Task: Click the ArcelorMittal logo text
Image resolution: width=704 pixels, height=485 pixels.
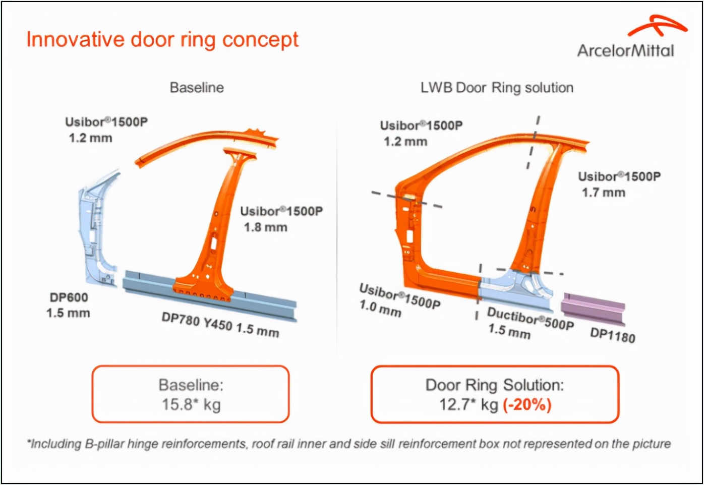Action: coord(625,51)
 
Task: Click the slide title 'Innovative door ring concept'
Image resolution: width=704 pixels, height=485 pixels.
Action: coord(162,39)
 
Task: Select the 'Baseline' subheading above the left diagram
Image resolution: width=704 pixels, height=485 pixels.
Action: coord(197,88)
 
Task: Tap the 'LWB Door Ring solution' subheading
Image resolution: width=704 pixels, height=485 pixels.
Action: coord(497,88)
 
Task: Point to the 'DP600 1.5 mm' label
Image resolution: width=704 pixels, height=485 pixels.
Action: coord(69,305)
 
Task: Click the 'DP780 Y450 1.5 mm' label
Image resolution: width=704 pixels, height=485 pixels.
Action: coord(220,324)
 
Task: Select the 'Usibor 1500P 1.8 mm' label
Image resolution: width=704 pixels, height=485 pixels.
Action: coord(281,219)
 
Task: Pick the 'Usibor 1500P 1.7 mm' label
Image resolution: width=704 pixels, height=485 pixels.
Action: coord(619,184)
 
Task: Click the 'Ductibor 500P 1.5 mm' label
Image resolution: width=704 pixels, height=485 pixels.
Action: coord(529,323)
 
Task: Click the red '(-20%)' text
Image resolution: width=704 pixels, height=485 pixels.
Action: coord(527,404)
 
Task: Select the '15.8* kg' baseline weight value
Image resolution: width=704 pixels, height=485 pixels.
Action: coord(191,404)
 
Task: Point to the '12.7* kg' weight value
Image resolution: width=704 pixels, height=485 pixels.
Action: coord(468,404)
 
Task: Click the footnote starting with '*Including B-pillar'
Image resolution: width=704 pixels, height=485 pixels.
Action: coord(348,444)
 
